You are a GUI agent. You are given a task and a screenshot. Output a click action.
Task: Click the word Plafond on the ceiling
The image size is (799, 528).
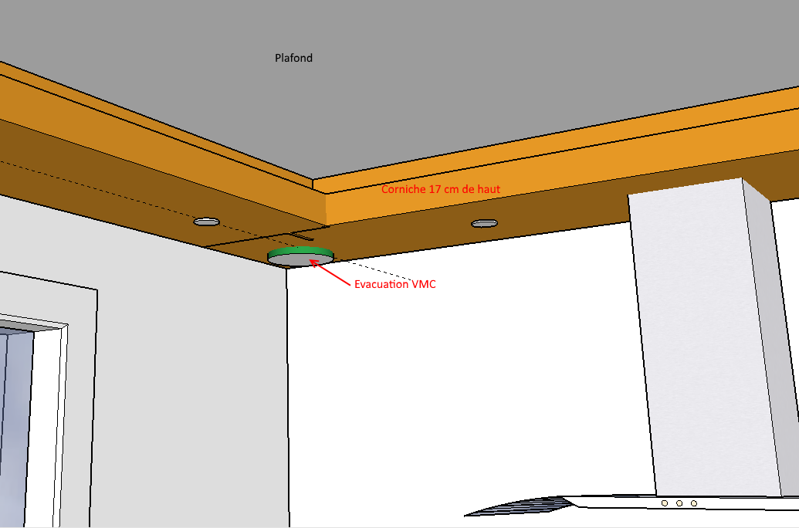click(x=293, y=58)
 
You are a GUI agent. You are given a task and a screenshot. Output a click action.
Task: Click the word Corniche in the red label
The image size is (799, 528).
click(x=404, y=188)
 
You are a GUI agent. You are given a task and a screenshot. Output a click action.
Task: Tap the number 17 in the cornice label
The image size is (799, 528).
click(x=435, y=188)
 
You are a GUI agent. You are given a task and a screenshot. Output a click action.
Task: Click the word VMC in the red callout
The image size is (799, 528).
click(x=423, y=285)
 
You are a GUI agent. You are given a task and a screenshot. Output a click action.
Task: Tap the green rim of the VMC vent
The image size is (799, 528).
click(x=300, y=252)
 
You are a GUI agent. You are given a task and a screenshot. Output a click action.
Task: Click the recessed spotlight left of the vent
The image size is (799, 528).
click(x=206, y=222)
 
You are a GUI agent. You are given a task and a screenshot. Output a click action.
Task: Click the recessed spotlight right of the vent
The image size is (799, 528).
click(x=484, y=223)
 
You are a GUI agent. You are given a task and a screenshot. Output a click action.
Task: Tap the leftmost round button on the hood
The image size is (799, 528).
click(x=665, y=503)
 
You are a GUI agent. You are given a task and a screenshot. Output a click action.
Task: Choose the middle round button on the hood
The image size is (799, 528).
click(x=679, y=503)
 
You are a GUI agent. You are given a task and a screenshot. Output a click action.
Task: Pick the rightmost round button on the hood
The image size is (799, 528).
click(x=694, y=503)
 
